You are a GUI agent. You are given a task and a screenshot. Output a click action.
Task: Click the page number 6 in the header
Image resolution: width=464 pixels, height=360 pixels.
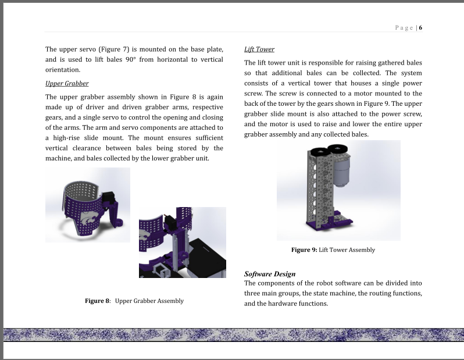[420, 28]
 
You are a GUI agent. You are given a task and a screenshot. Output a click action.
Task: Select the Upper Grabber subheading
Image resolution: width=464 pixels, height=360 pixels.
[67, 84]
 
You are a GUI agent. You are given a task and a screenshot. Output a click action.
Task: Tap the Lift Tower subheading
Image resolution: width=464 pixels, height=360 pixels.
[259, 49]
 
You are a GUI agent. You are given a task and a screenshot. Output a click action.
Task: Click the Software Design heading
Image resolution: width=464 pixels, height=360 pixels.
[270, 274]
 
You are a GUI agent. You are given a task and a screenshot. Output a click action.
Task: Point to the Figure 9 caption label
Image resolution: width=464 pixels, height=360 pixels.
[304, 250]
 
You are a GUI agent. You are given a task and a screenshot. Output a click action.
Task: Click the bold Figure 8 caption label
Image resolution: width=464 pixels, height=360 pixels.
[97, 301]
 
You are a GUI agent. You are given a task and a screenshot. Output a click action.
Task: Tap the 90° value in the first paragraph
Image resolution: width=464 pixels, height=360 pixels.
[130, 59]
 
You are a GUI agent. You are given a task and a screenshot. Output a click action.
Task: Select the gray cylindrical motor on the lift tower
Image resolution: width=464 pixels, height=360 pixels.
[342, 171]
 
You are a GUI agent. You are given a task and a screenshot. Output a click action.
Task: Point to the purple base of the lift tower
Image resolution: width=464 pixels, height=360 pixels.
[329, 223]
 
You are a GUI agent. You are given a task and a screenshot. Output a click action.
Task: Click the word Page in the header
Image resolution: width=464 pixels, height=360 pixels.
[404, 28]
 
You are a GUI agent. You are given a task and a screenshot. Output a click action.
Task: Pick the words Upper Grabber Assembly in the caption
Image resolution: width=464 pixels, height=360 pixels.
[149, 301]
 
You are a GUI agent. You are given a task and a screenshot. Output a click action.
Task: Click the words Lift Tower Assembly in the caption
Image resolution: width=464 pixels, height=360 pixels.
[347, 250]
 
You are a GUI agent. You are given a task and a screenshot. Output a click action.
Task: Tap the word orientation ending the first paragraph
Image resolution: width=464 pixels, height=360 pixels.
[63, 70]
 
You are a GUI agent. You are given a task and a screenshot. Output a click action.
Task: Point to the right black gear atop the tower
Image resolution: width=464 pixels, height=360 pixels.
[337, 149]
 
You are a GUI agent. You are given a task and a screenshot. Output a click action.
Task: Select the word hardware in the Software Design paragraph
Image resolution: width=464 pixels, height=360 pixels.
[281, 304]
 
